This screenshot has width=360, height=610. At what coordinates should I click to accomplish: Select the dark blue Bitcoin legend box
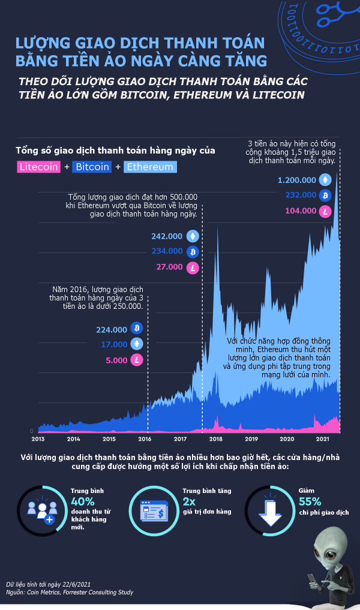tap(92, 167)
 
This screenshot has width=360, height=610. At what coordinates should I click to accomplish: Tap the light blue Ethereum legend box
tap(150, 167)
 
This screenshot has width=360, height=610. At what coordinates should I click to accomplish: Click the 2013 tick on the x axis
tap(38, 439)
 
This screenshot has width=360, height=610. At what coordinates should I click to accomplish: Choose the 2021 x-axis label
tap(323, 439)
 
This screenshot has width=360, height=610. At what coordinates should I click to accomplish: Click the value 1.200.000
tap(296, 179)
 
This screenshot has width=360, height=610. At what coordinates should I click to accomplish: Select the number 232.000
tap(301, 195)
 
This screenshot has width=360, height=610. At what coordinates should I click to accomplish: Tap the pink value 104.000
tap(301, 211)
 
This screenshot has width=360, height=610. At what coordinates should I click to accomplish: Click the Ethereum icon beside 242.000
tap(193, 236)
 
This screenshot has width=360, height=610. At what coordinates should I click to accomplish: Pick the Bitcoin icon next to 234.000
tap(193, 252)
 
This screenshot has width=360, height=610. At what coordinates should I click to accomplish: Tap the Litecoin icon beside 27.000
tap(193, 268)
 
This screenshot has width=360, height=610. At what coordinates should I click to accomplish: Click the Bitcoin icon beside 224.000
tap(137, 329)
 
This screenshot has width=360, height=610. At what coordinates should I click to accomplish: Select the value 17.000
tap(115, 344)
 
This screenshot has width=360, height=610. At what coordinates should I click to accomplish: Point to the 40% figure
tap(83, 501)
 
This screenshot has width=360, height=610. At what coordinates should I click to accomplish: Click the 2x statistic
tap(190, 501)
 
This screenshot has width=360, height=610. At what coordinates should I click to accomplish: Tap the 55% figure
tap(310, 501)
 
